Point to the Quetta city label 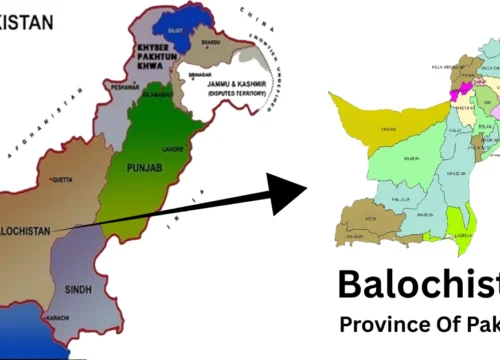62,181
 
